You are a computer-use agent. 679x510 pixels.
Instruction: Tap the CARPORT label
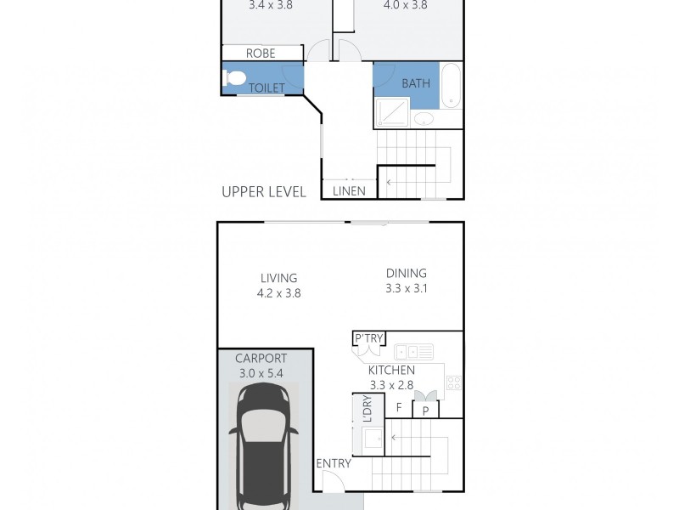pyautogui.click(x=261, y=358)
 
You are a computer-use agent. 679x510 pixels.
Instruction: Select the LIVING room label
pyautogui.click(x=278, y=278)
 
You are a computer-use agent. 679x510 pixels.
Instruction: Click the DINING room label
pyautogui.click(x=406, y=273)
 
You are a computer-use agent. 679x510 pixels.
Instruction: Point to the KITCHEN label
pyautogui.click(x=391, y=371)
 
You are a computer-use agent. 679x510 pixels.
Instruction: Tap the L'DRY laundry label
pyautogui.click(x=368, y=411)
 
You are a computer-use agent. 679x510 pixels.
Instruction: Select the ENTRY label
pyautogui.click(x=333, y=463)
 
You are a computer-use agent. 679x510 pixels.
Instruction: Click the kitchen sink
pyautogui.click(x=413, y=350)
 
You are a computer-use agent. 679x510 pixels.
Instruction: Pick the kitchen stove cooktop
pyautogui.click(x=454, y=382)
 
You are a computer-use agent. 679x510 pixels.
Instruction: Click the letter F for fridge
pyautogui.click(x=398, y=408)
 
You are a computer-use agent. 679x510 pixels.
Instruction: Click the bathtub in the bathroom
pyautogui.click(x=452, y=85)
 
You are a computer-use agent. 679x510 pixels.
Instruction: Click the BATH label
pyautogui.click(x=416, y=83)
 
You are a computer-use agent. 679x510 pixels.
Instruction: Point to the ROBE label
pyautogui.click(x=261, y=54)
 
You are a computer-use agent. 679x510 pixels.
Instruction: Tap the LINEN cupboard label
pyautogui.click(x=350, y=191)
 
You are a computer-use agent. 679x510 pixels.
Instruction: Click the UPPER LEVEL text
pyautogui.click(x=264, y=192)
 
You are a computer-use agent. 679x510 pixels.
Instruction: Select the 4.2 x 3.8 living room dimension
pyautogui.click(x=278, y=293)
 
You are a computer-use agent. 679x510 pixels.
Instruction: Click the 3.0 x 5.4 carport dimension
pyautogui.click(x=261, y=372)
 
